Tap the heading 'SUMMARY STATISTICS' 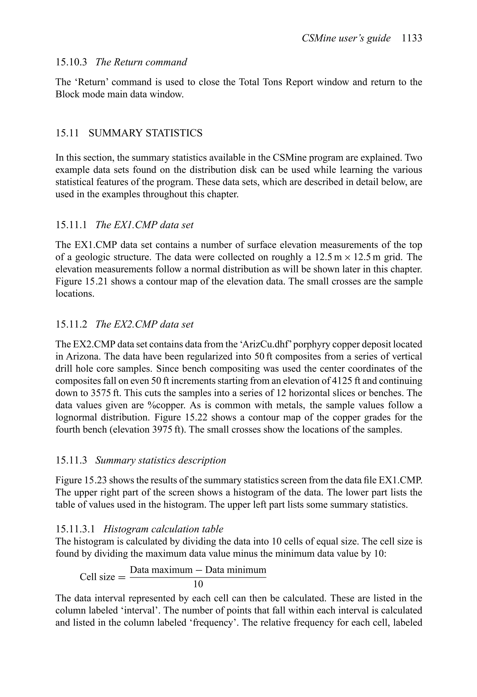point(146,133)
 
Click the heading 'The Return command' point(141,62)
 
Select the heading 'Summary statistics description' point(160,460)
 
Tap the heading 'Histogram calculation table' point(163,529)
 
